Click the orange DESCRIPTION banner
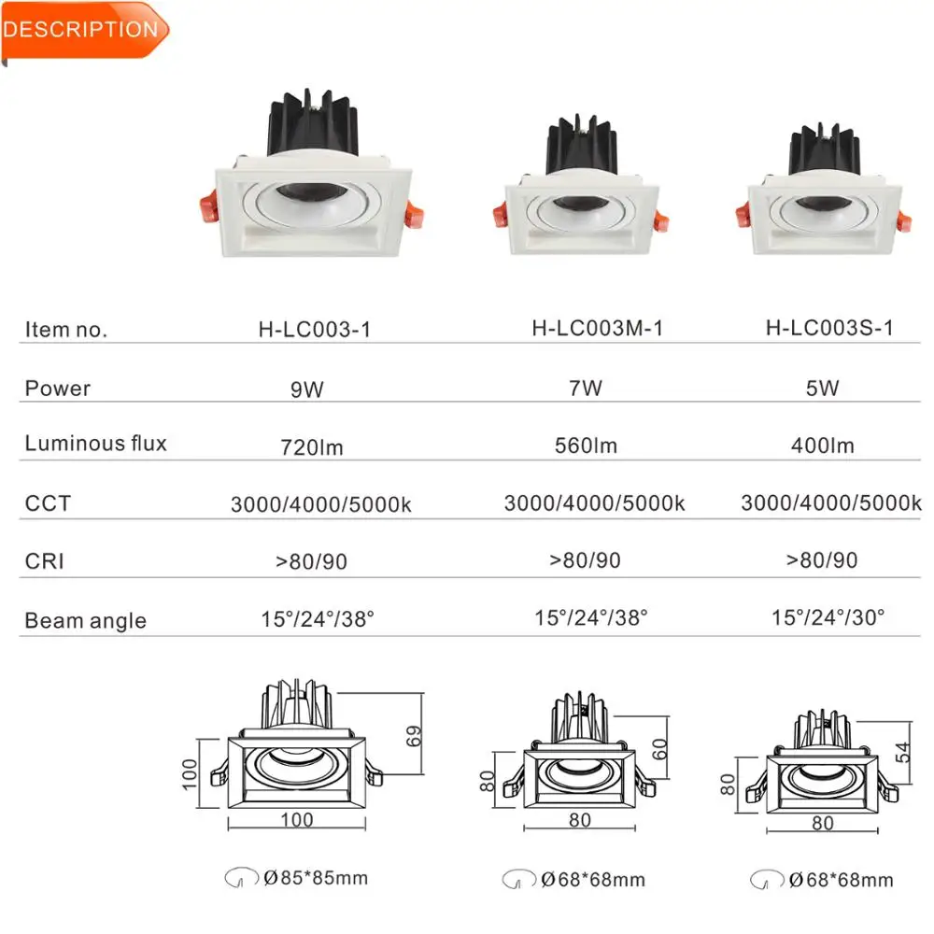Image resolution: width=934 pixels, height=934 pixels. [82, 30]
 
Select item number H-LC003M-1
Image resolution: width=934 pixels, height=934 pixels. [597, 328]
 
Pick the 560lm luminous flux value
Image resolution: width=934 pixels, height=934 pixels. [586, 446]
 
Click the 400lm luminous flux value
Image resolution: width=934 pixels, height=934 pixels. [822, 446]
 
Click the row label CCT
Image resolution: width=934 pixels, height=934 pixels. [48, 503]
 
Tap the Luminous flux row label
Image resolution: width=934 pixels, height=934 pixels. [95, 444]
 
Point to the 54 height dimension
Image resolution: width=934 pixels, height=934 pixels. [901, 752]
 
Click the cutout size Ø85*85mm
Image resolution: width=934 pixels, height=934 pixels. [315, 877]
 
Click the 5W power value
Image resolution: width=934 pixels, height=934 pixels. [822, 388]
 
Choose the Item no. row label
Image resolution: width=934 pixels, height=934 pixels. [66, 330]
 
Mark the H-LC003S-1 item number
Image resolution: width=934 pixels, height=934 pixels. [829, 328]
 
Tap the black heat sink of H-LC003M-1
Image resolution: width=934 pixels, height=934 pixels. [582, 148]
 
